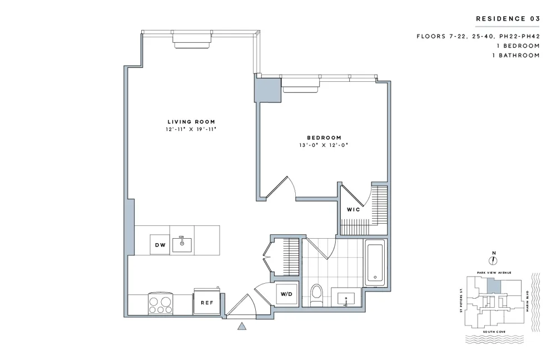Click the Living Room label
tap(191, 122)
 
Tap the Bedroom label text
tap(324, 137)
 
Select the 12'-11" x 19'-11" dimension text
tap(191, 129)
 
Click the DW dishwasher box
tap(160, 245)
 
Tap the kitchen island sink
tap(182, 244)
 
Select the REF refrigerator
tap(207, 304)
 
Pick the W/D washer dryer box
tap(286, 294)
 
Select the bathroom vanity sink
tap(347, 298)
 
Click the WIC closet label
tap(354, 210)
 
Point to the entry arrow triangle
tap(242, 327)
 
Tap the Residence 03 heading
tap(508, 19)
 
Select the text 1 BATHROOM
tap(517, 55)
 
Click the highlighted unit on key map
tap(493, 287)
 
